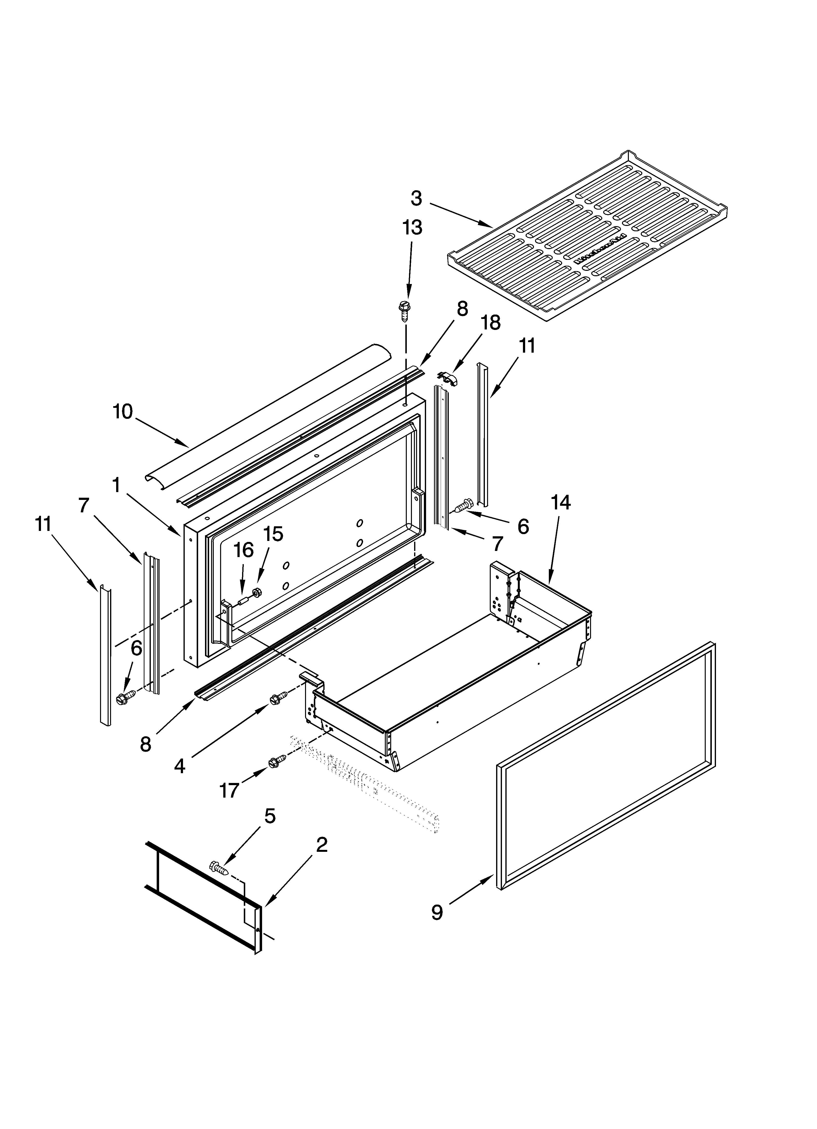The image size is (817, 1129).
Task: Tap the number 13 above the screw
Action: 412,228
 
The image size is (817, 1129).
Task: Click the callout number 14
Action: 560,503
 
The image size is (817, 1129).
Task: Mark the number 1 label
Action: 116,484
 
